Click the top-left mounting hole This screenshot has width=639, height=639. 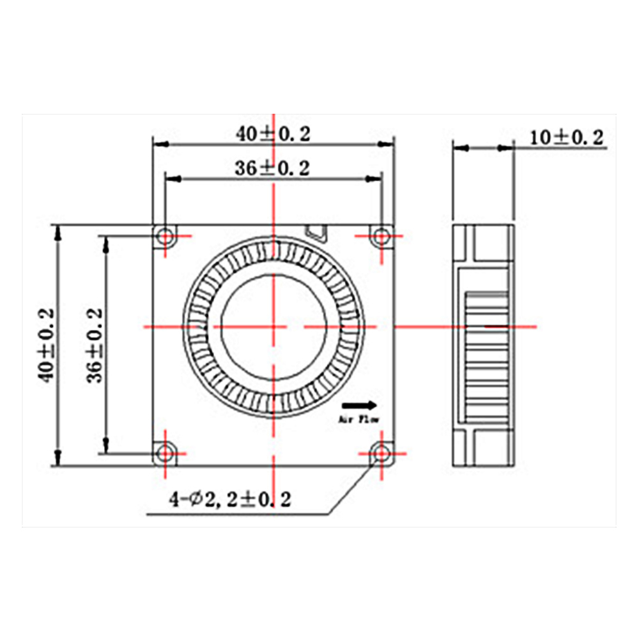pos(166,236)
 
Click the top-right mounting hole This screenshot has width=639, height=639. pos(381,236)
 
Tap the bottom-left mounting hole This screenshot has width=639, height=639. pos(166,453)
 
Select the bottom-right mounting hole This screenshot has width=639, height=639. pos(381,453)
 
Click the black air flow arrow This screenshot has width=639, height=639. pos(359,405)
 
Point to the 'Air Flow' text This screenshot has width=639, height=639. pos(359,419)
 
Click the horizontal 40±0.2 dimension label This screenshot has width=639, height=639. pos(273,134)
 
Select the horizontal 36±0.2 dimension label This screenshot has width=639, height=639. pos(272,168)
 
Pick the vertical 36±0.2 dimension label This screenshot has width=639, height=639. pos(95,345)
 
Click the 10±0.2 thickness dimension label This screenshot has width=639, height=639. pos(566,138)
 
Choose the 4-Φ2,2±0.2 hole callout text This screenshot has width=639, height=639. pos(230,499)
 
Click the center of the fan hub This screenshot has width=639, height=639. pos(274,327)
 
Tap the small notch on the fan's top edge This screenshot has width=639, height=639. pos(316,233)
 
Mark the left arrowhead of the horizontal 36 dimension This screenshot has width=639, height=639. pos(174,179)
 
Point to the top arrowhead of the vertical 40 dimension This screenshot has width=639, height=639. pos(58,233)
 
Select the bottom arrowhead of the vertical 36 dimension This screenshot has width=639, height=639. pos(106,445)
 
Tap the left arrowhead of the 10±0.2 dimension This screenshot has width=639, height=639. pos(461,148)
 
